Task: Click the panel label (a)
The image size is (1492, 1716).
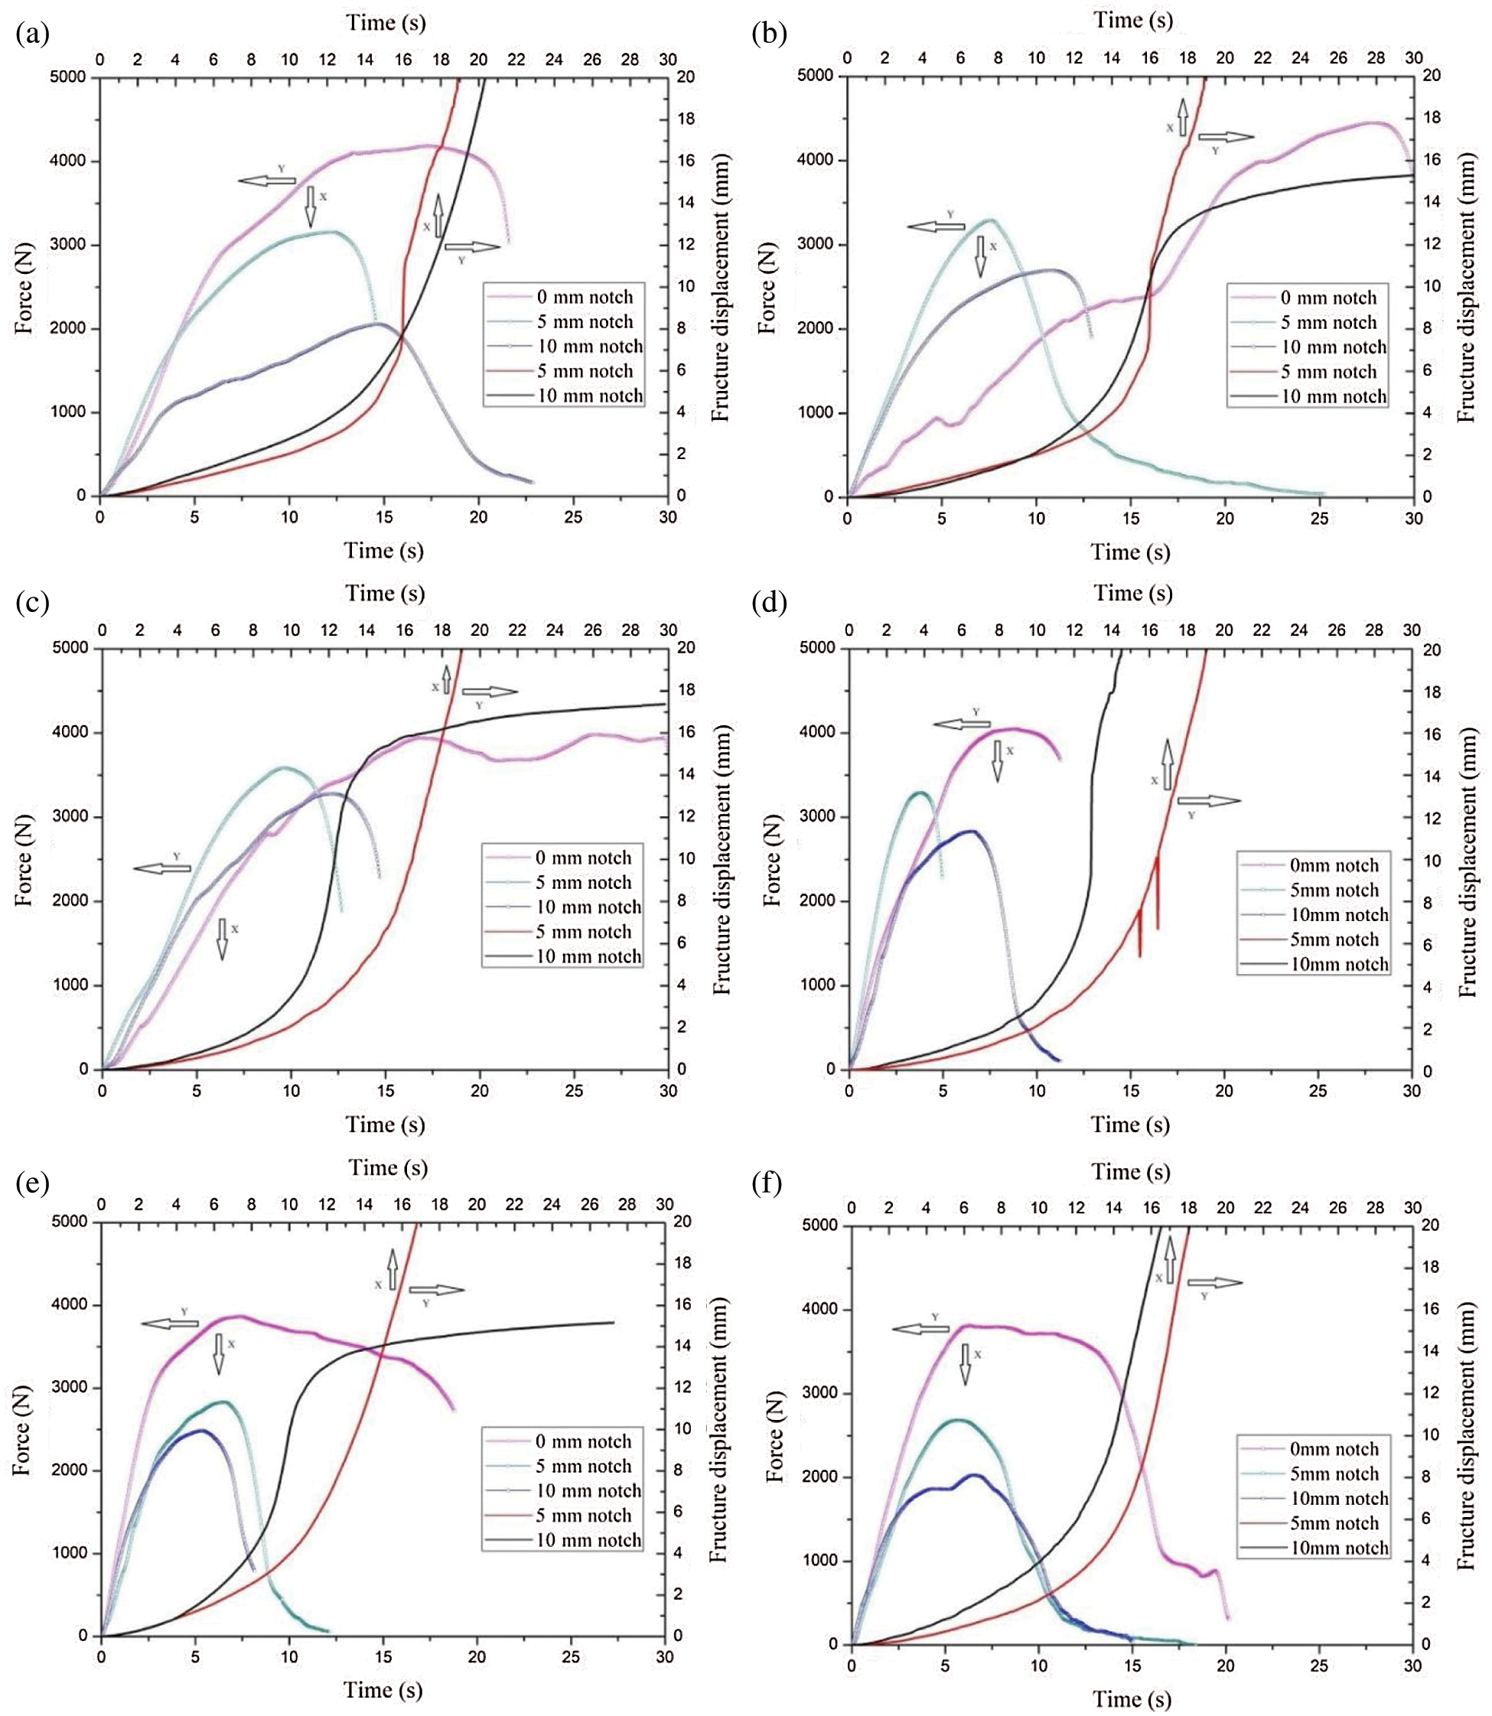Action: pos(32,34)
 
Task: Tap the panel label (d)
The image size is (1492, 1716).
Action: pos(768,602)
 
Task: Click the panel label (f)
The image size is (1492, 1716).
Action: pos(767,1182)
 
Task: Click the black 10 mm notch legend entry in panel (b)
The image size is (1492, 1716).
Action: pos(1333,396)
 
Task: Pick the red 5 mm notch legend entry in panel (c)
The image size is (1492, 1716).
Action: pos(583,932)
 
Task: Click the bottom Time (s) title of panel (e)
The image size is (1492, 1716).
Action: pos(383,1689)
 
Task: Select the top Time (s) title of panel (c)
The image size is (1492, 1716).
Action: pos(385,593)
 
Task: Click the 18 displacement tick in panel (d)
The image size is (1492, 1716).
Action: pos(1432,692)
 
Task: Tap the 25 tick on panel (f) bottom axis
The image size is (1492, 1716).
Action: pos(1319,1666)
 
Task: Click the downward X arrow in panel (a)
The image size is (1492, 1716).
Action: pos(311,207)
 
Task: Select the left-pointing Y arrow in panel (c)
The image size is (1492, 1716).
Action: pos(161,868)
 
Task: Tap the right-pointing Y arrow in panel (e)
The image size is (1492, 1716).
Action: pos(436,1290)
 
